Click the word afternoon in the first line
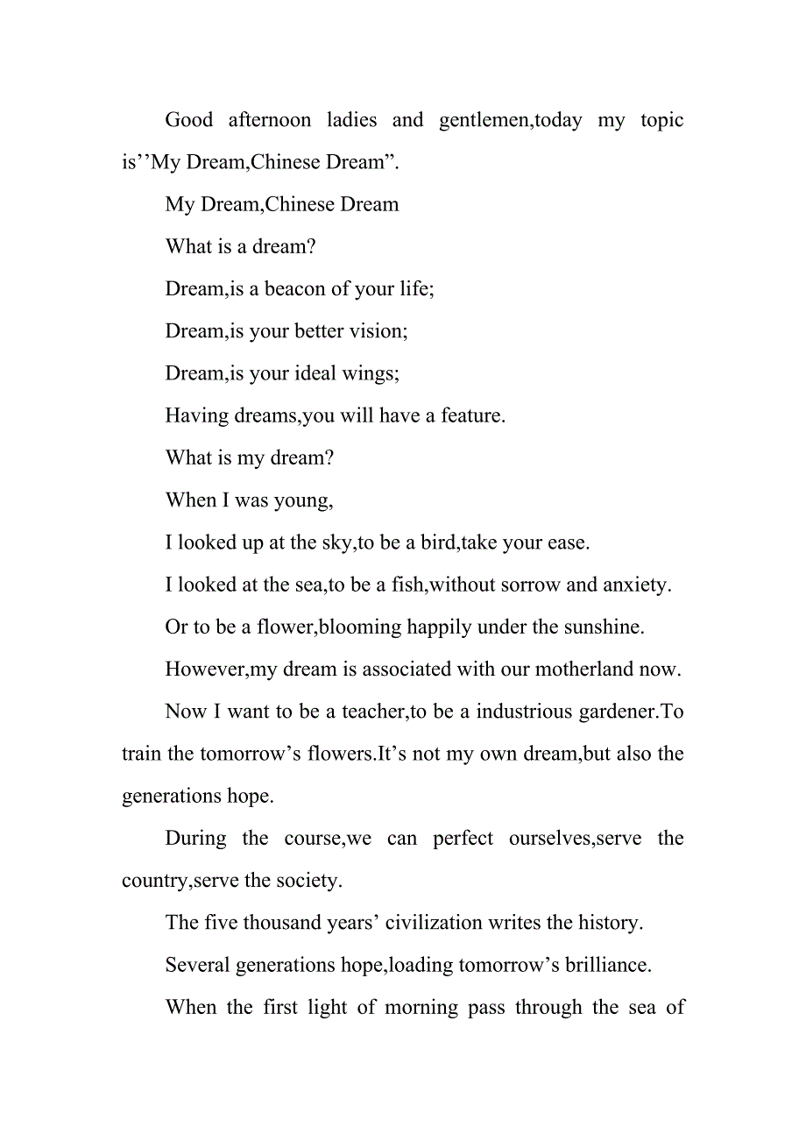pos(270,120)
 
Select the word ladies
pos(351,120)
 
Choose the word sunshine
pos(604,627)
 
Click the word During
pos(195,839)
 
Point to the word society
pos(308,881)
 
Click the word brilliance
pos(604,965)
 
